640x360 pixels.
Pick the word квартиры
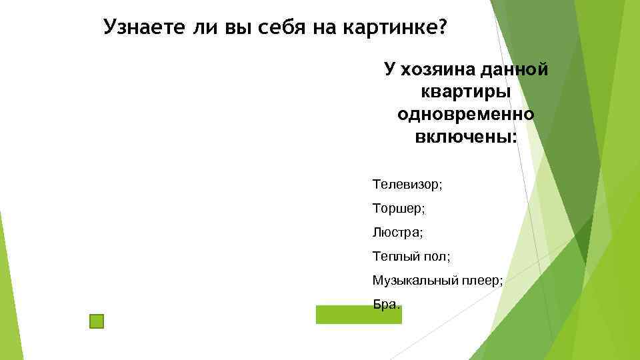[x=466, y=92]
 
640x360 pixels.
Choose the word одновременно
[x=466, y=115]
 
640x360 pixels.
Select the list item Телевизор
[x=407, y=183]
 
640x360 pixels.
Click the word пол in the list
[x=434, y=257]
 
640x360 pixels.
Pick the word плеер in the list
[x=480, y=281]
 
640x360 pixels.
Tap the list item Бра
[x=386, y=305]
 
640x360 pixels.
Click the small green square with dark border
[x=97, y=322]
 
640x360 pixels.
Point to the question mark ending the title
[x=443, y=28]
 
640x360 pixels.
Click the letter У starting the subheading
[x=389, y=69]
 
